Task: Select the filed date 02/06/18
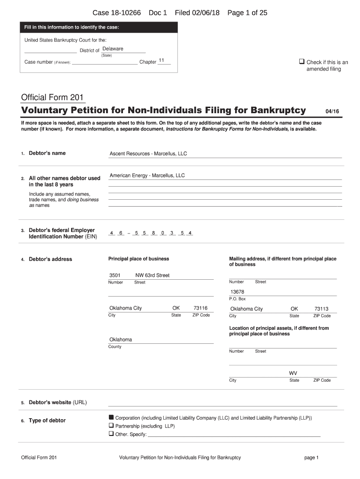[x=206, y=13]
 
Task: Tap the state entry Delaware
[x=113, y=49]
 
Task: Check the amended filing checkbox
[x=302, y=62]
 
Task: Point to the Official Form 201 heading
[x=52, y=98]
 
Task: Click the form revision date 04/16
[x=332, y=111]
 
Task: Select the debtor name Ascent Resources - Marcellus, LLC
[x=148, y=154]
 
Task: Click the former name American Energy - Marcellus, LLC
[x=147, y=176]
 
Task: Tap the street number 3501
[x=115, y=276]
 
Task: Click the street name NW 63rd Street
[x=152, y=276]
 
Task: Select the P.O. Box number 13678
[x=237, y=292]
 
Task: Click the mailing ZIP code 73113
[x=322, y=309]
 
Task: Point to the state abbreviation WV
[x=293, y=373]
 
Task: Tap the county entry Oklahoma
[x=121, y=340]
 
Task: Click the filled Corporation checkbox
[x=111, y=417]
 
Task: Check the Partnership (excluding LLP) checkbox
[x=111, y=426]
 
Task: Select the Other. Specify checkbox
[x=111, y=434]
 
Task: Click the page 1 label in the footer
[x=311, y=457]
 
